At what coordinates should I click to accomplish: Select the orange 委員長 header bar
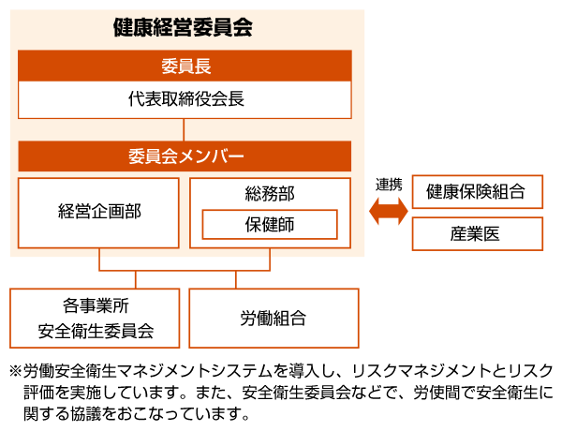point(185,66)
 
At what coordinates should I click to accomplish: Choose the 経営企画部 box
point(98,211)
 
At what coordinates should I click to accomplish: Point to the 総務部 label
point(269,194)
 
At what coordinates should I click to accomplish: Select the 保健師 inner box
point(269,225)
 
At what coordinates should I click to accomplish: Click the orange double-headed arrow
point(388,213)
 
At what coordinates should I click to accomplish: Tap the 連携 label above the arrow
point(388,185)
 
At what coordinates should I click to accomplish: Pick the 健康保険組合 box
point(477,193)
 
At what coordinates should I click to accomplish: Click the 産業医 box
point(477,234)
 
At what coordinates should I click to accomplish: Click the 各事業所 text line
point(95,306)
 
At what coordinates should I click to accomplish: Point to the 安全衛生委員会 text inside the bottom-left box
point(95,331)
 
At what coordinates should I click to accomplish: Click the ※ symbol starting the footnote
point(14,369)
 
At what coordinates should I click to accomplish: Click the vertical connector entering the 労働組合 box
point(236,279)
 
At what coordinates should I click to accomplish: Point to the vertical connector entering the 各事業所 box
point(137,279)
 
